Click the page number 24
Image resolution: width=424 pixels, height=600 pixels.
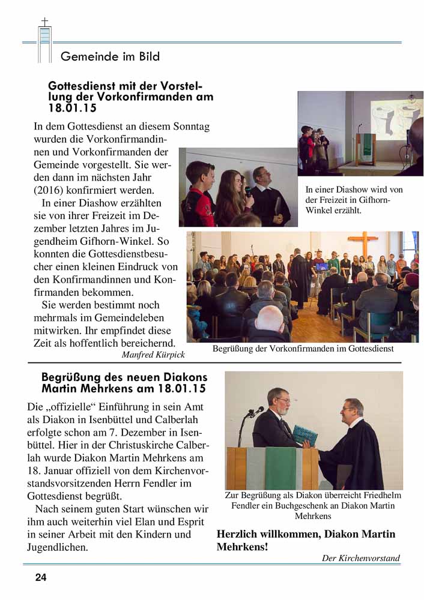click(x=40, y=578)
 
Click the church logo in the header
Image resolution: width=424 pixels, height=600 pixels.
click(x=44, y=41)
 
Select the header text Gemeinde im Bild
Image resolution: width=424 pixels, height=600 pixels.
click(x=110, y=57)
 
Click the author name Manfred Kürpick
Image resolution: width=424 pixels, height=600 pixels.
click(x=153, y=355)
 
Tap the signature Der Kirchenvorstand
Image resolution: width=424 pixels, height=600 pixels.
click(x=360, y=558)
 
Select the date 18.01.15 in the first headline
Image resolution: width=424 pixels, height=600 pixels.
click(x=72, y=108)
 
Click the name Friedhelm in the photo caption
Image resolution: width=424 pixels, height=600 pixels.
click(x=379, y=496)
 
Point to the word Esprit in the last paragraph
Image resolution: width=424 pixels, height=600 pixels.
click(x=176, y=521)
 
